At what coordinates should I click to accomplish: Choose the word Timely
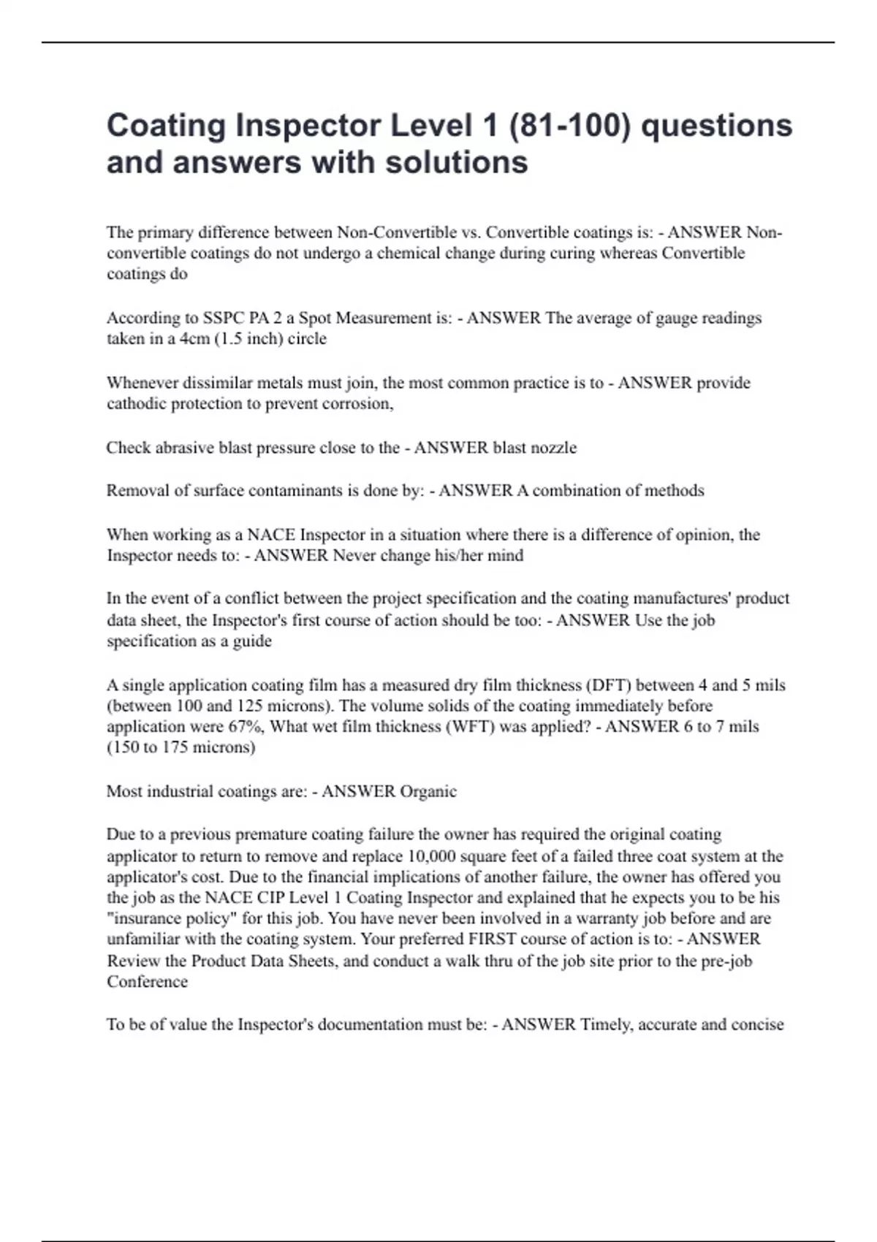[x=606, y=1024]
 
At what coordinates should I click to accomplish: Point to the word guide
[x=252, y=641]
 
